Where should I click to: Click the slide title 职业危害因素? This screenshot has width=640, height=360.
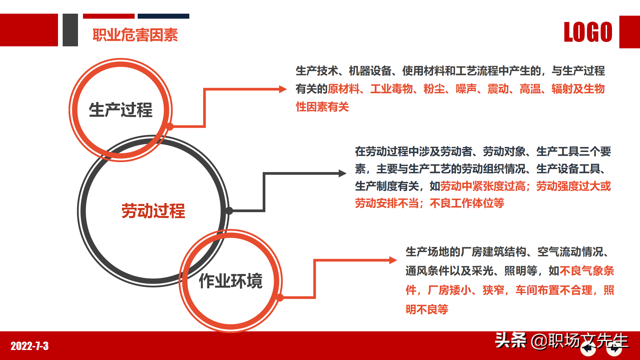coord(135,35)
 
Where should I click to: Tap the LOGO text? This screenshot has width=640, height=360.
coord(588,32)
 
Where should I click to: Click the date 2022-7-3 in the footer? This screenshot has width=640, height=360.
coord(30,346)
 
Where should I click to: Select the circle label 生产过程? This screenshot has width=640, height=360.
coord(121,110)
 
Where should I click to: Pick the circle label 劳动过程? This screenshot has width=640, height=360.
coord(153,211)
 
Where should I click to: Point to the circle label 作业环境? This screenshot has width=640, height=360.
coord(231,281)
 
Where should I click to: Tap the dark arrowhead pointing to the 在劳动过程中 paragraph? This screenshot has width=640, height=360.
coord(342,173)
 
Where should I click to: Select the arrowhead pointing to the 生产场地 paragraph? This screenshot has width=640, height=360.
coord(393,260)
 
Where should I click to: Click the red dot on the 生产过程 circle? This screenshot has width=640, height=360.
coord(170,127)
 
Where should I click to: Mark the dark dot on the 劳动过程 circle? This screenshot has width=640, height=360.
coord(229,211)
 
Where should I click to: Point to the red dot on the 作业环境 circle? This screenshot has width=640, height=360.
coord(280,297)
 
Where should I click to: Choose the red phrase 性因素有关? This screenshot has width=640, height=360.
coord(322,107)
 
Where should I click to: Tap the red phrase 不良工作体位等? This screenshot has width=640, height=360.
coord(467,203)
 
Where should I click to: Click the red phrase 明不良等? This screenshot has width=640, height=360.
coord(427,309)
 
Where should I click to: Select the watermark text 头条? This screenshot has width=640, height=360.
coord(510,340)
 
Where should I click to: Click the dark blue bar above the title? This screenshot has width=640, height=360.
coord(163,16)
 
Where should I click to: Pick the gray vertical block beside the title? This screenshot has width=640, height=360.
coord(70,30)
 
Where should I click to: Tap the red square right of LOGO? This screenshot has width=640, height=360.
coord(629,32)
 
